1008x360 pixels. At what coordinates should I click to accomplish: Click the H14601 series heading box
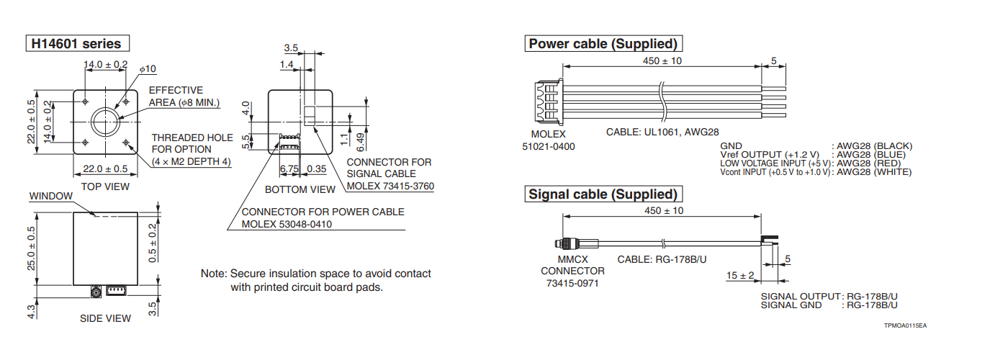78,43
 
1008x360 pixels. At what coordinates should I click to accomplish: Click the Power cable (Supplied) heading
603,44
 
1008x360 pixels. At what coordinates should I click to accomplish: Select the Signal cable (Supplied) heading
603,194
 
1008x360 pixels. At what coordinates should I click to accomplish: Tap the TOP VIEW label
105,186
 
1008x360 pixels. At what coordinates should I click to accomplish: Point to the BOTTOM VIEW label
300,189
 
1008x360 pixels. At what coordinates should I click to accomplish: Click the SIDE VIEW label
105,318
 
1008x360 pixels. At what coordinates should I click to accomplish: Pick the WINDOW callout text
50,196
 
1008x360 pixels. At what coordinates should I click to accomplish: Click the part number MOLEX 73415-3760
390,186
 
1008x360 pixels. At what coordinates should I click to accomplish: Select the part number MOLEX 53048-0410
287,224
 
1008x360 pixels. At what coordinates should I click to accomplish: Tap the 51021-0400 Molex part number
549,147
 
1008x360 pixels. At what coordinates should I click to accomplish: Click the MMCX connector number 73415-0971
572,283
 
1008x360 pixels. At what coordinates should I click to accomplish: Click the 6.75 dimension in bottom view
289,169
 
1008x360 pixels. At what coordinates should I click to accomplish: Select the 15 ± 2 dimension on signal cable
740,276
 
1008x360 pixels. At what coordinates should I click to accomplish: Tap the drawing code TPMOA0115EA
906,326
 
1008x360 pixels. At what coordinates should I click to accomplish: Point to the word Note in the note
213,274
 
